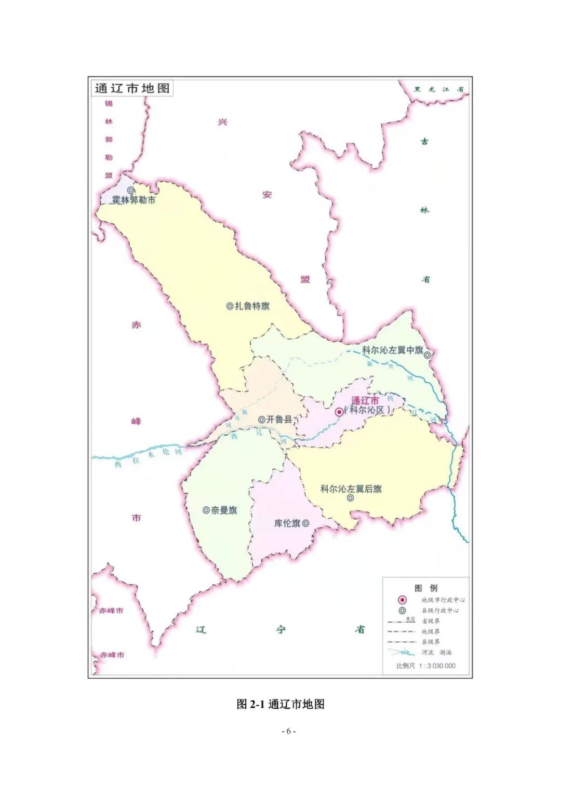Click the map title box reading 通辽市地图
tap(132, 88)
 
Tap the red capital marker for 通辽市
tap(339, 412)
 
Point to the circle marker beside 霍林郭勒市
tap(131, 191)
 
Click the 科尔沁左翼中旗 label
tap(393, 350)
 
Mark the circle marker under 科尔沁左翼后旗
tap(351, 498)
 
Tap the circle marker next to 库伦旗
tap(306, 523)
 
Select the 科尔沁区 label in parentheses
tap(367, 410)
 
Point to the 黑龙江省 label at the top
tap(438, 89)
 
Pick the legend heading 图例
tap(426, 588)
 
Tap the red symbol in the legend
tap(402, 600)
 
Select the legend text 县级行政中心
tap(440, 610)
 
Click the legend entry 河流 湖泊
tap(436, 652)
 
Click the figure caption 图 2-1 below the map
tap(280, 704)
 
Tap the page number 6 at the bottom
tap(289, 731)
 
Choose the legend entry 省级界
tap(431, 621)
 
